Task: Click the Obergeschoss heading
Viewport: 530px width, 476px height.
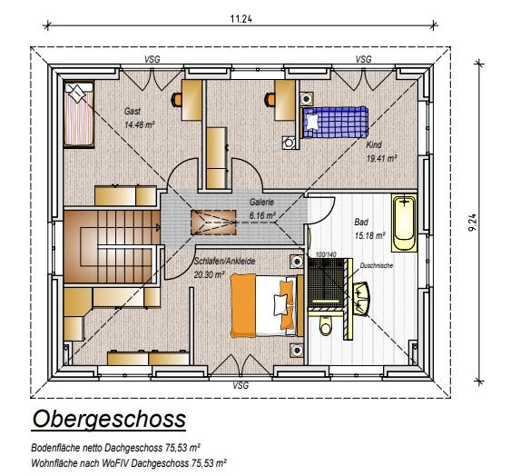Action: tap(109, 419)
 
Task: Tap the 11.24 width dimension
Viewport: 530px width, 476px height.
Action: tap(241, 18)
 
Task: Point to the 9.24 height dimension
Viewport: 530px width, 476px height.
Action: tap(473, 222)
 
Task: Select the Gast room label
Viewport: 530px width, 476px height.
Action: tap(132, 111)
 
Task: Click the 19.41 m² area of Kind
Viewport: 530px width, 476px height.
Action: tap(381, 158)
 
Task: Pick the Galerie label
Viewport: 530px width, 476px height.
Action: tap(261, 202)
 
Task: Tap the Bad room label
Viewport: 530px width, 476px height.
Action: tap(361, 222)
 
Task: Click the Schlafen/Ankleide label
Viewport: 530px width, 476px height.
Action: tap(224, 262)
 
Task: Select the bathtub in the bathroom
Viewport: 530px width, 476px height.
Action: tap(404, 223)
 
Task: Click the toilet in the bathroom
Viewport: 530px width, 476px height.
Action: tap(326, 325)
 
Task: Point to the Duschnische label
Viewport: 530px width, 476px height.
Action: tap(377, 265)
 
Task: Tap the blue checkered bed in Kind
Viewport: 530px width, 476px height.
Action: tap(334, 122)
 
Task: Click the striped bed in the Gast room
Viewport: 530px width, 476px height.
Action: tap(79, 114)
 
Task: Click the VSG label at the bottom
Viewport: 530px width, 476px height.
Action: tap(240, 385)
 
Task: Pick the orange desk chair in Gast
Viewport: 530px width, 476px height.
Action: tap(177, 99)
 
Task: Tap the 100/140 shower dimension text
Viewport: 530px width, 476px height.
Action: tap(326, 254)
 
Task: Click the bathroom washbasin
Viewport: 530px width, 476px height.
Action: tap(362, 299)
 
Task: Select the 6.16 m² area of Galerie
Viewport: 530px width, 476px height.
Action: tap(262, 215)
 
